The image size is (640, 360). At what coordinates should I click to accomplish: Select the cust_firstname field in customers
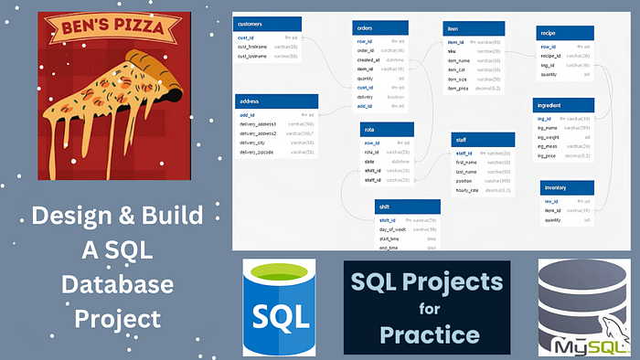pos(254,46)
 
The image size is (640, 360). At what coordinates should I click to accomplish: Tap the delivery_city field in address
pos(253,142)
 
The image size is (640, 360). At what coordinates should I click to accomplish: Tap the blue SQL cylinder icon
pos(281,306)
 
